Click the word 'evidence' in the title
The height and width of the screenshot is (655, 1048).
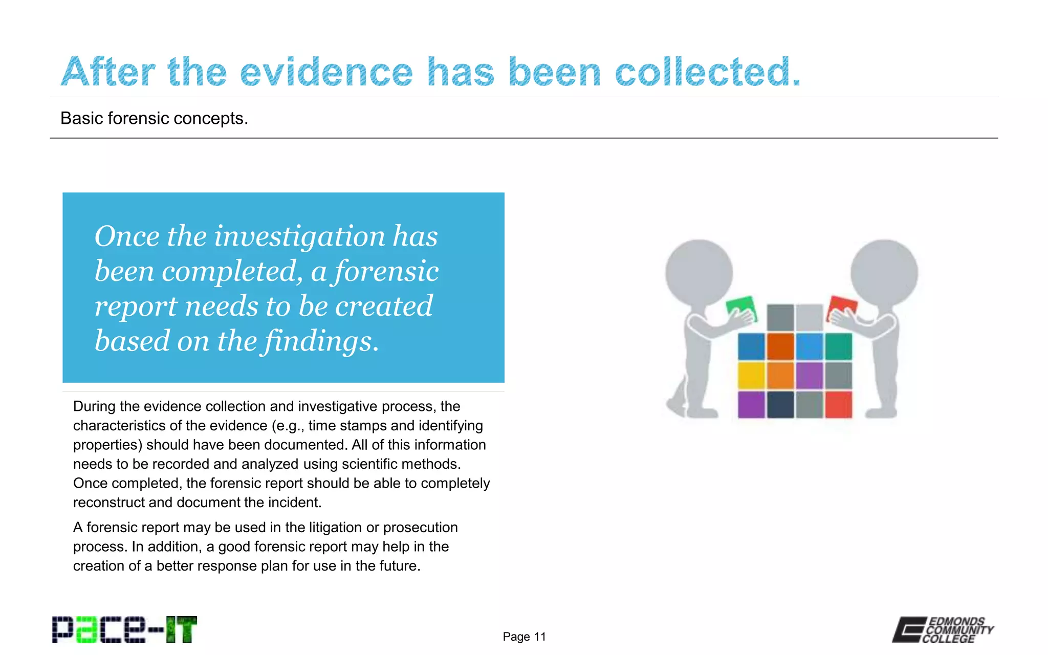click(x=326, y=72)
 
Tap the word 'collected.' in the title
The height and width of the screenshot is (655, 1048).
click(x=707, y=72)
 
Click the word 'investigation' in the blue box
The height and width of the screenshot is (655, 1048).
click(x=299, y=236)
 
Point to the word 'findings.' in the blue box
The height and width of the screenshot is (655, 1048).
click(x=321, y=341)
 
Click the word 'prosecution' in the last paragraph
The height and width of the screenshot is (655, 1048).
click(x=420, y=528)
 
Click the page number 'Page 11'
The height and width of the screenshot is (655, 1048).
click(x=524, y=637)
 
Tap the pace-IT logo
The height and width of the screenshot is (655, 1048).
click(x=124, y=629)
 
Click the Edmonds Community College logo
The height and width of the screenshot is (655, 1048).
click(x=943, y=629)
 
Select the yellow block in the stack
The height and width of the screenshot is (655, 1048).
click(x=751, y=376)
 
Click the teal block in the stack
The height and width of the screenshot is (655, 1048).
click(x=839, y=346)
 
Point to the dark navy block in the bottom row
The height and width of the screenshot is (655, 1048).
click(x=780, y=405)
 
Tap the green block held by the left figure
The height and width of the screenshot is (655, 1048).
click(x=740, y=308)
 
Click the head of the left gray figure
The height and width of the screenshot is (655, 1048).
click(x=699, y=273)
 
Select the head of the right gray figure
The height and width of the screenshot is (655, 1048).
click(x=884, y=273)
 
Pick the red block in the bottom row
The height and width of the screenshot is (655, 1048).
click(x=839, y=405)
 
